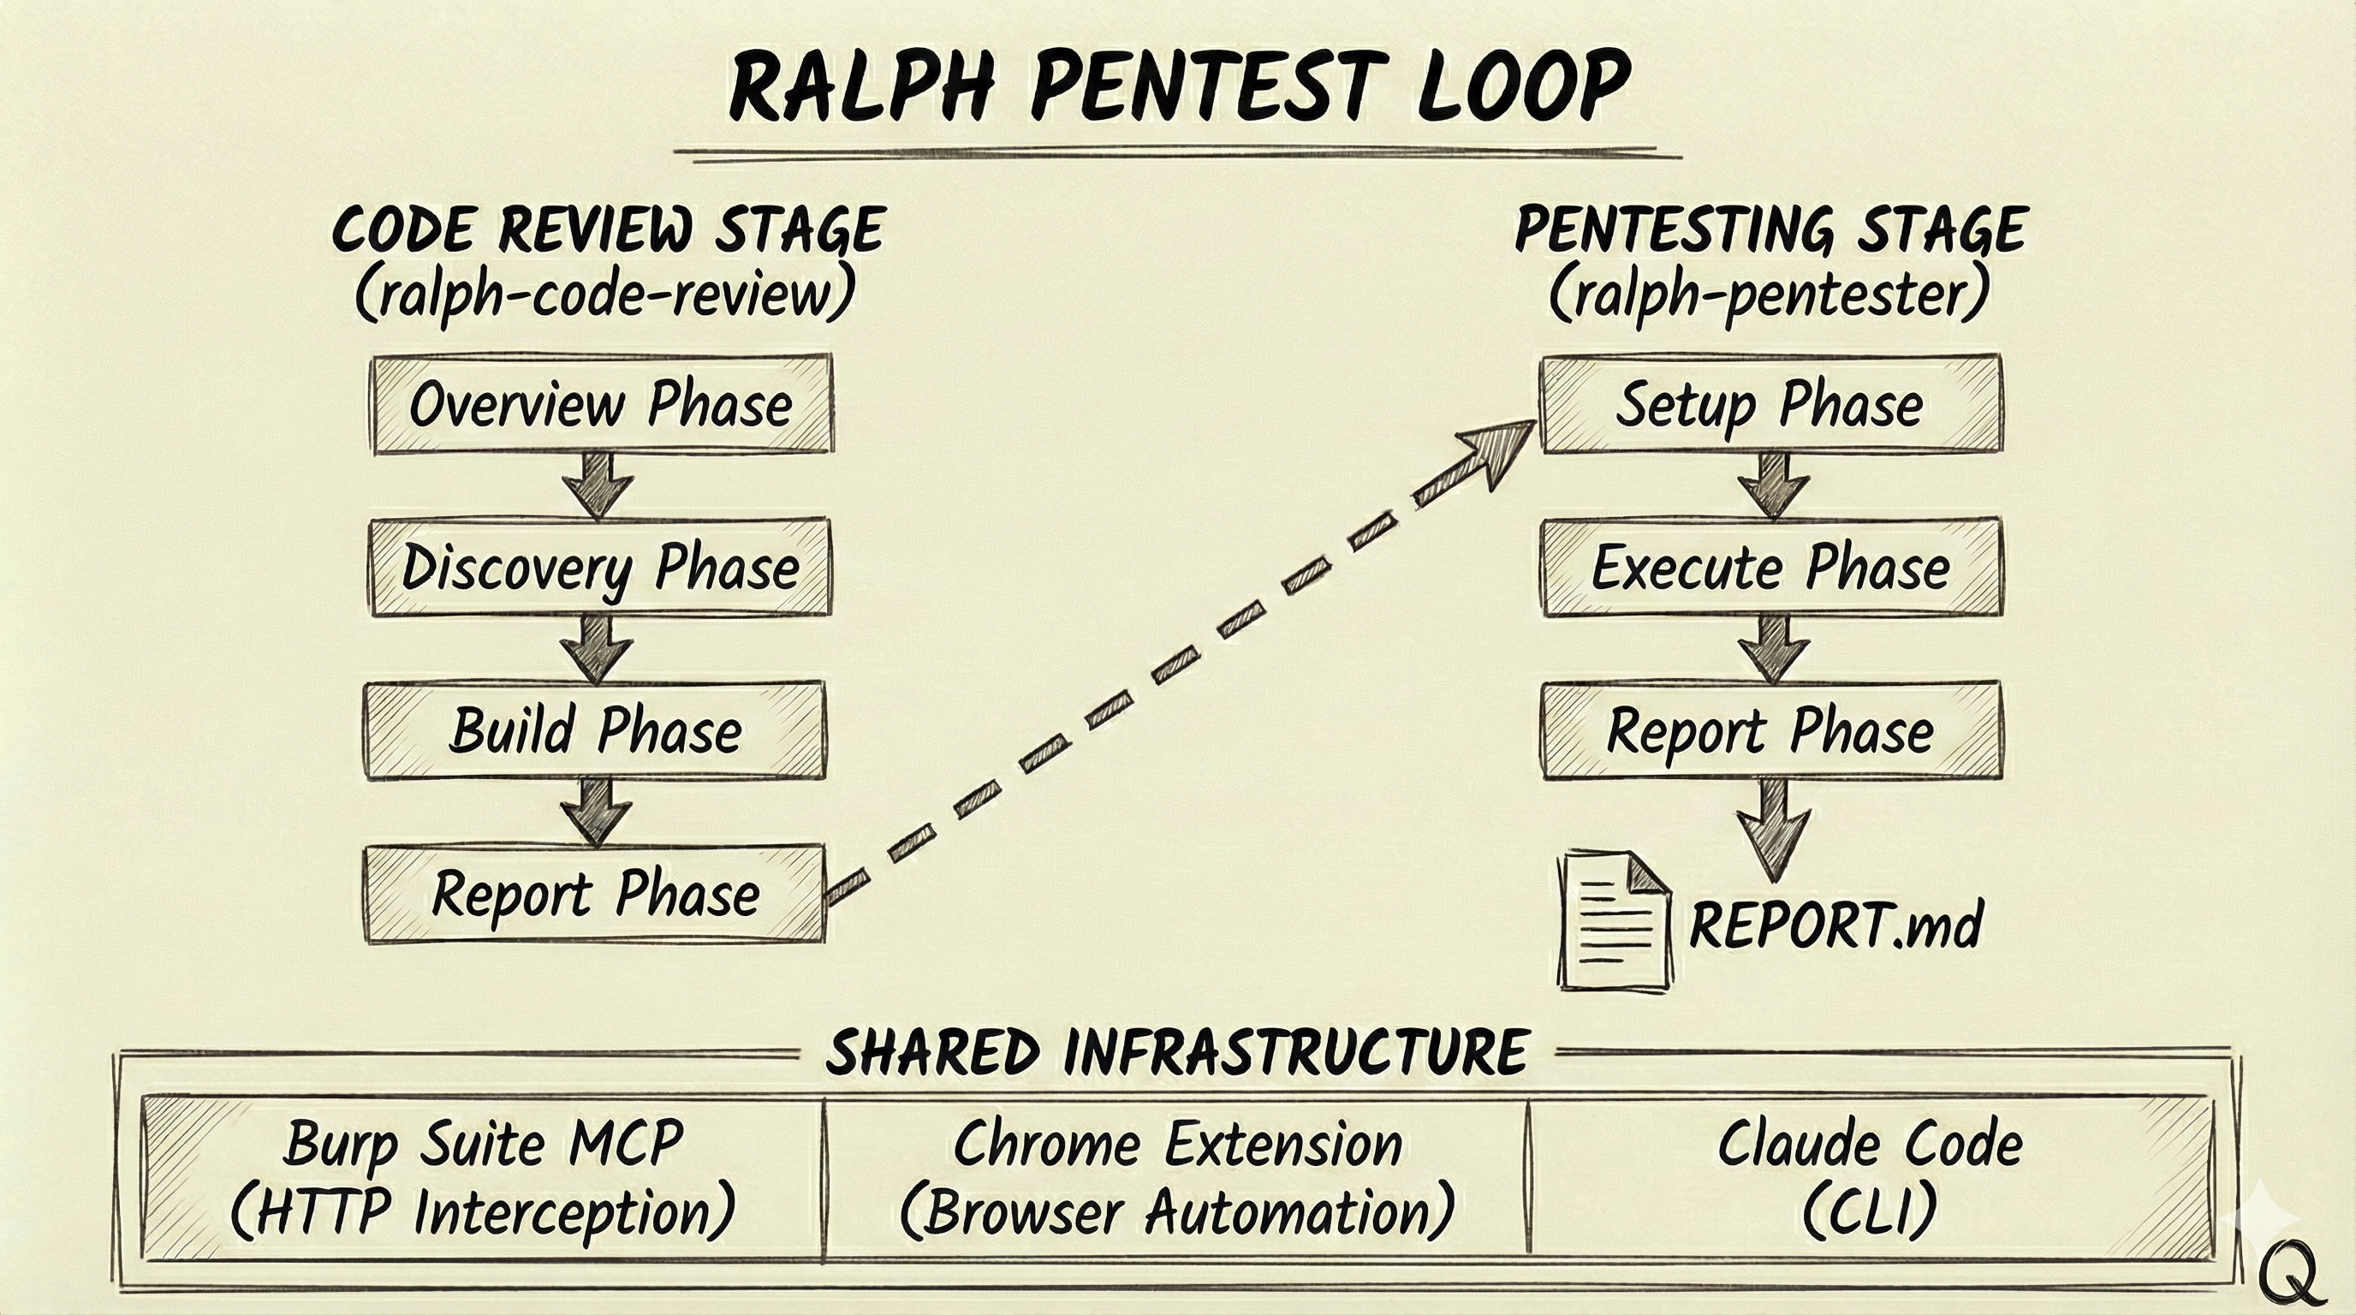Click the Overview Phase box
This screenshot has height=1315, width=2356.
pyautogui.click(x=601, y=404)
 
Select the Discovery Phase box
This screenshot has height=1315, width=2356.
pyautogui.click(x=600, y=567)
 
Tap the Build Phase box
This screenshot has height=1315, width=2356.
pyautogui.click(x=595, y=730)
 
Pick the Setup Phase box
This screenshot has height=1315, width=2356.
pyautogui.click(x=1770, y=404)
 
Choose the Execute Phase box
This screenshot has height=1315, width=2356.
pyautogui.click(x=1770, y=567)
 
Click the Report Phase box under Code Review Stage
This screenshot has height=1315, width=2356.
pyautogui.click(x=595, y=894)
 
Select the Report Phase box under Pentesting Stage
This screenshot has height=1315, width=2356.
pyautogui.click(x=1770, y=730)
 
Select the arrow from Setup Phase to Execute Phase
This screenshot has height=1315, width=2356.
pyautogui.click(x=1773, y=485)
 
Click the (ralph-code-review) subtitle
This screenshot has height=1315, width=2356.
pyautogui.click(x=605, y=295)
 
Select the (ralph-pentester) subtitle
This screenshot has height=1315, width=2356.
pyautogui.click(x=1770, y=295)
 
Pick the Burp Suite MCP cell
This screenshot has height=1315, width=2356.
pyautogui.click(x=483, y=1177)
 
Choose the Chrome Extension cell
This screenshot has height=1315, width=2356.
pyautogui.click(x=1177, y=1177)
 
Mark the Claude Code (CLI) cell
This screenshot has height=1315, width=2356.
pyautogui.click(x=1871, y=1177)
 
